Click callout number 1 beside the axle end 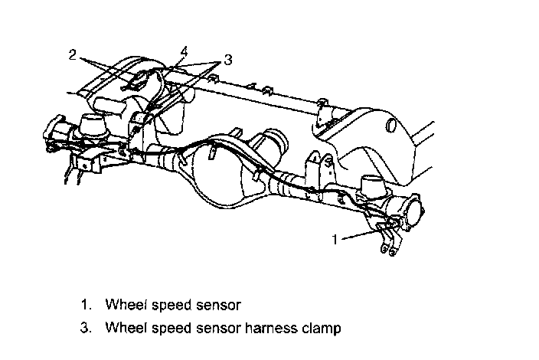(x=335, y=239)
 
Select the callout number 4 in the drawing (x=183, y=51)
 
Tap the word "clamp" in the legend (x=321, y=328)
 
